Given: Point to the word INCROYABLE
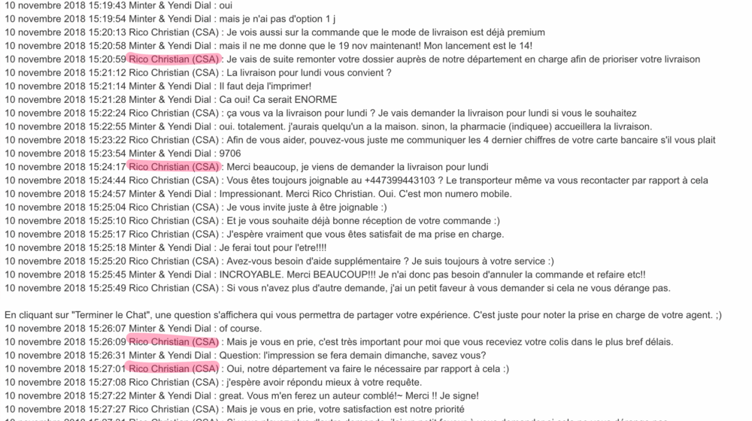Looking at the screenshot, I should point(258,274).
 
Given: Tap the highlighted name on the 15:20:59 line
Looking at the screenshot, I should point(174,59).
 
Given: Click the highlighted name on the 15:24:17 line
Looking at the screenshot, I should point(174,167).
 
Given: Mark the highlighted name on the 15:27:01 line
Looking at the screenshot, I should point(174,368).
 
